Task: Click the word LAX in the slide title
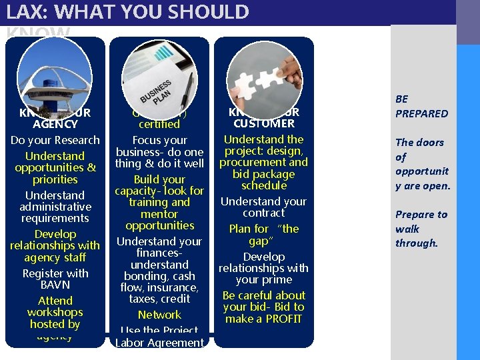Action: click(x=23, y=12)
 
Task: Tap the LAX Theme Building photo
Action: click(x=55, y=77)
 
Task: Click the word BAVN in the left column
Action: click(x=55, y=285)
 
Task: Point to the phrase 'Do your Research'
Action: click(x=55, y=140)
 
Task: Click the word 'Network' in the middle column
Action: click(x=159, y=315)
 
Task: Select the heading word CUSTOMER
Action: click(x=264, y=123)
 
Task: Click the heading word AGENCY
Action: click(x=55, y=124)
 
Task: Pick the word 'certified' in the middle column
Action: click(x=159, y=124)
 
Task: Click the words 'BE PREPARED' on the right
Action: click(x=421, y=107)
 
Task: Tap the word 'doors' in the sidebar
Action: click(x=429, y=142)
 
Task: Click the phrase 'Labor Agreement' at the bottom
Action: click(x=159, y=343)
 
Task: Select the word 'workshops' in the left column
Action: click(x=55, y=312)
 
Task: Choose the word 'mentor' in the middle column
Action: click(x=159, y=214)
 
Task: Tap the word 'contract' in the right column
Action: click(x=264, y=213)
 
